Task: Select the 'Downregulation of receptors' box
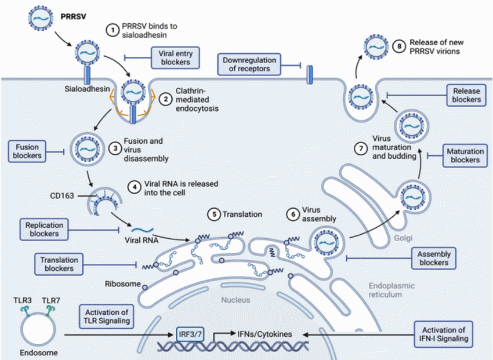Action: pos(249,65)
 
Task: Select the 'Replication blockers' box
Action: pos(43,229)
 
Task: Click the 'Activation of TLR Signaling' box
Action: pos(106,315)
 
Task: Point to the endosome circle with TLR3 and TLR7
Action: pos(38,331)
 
